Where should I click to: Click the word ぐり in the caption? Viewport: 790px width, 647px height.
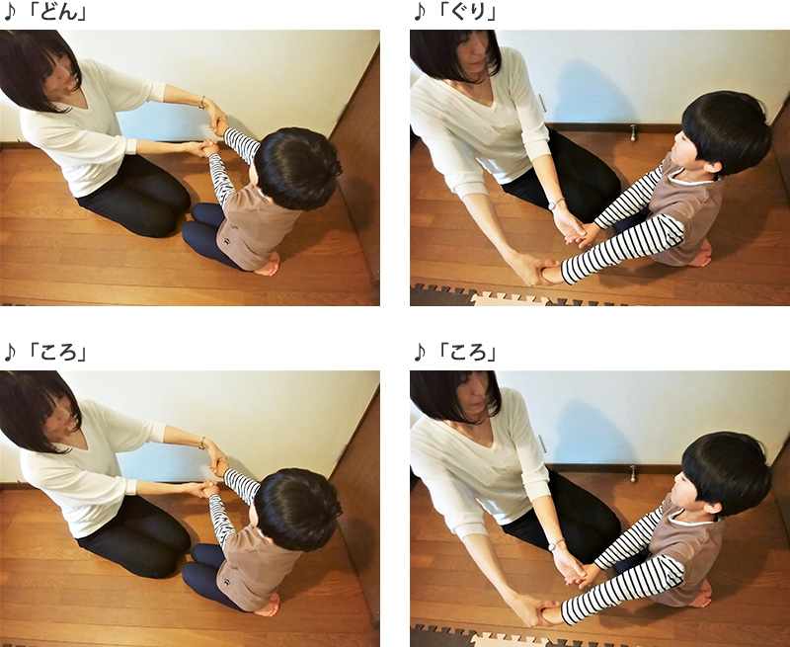click(466, 12)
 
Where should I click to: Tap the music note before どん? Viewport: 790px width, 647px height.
click(10, 12)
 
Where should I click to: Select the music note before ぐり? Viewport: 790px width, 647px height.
click(420, 12)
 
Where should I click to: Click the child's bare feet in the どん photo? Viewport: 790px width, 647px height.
click(268, 265)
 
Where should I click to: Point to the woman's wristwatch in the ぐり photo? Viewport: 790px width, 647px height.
click(556, 203)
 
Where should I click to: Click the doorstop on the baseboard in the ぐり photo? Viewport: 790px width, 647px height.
click(633, 132)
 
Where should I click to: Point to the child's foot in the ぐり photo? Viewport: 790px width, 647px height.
click(701, 255)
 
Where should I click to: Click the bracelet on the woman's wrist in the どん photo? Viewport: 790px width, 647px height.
click(202, 102)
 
